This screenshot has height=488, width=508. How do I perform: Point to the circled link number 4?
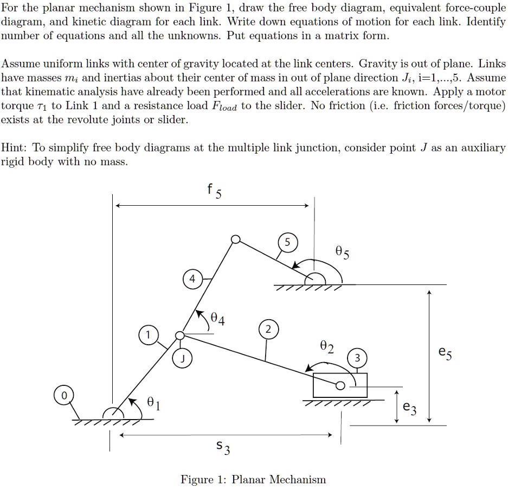(191, 280)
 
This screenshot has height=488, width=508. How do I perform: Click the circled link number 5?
(287, 242)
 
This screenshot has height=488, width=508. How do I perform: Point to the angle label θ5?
(343, 253)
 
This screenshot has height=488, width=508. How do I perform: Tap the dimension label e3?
(410, 408)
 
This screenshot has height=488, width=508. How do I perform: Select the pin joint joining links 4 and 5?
(235, 240)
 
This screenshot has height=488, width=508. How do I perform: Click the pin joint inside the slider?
(340, 386)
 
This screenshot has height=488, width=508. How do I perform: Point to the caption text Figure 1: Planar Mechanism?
(253, 479)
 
